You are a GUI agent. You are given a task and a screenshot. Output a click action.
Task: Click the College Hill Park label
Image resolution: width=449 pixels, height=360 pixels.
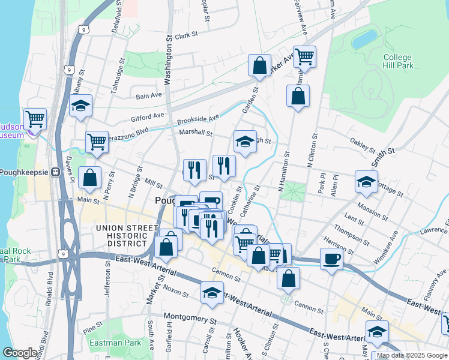pyautogui.click(x=397, y=62)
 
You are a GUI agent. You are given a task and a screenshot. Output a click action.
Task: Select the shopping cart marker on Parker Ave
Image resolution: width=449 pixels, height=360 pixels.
pyautogui.click(x=304, y=58)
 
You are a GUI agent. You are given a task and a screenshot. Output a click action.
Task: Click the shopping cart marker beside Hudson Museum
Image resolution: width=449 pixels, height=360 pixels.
pyautogui.click(x=35, y=119)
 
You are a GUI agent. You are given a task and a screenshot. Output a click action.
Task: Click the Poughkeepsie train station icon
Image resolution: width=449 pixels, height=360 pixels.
pyautogui.click(x=56, y=172)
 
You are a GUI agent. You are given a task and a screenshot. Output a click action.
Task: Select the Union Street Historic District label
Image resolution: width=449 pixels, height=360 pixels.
pyautogui.click(x=121, y=235)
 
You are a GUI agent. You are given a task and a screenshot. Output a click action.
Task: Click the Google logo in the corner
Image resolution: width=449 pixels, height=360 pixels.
pyautogui.click(x=20, y=353)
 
